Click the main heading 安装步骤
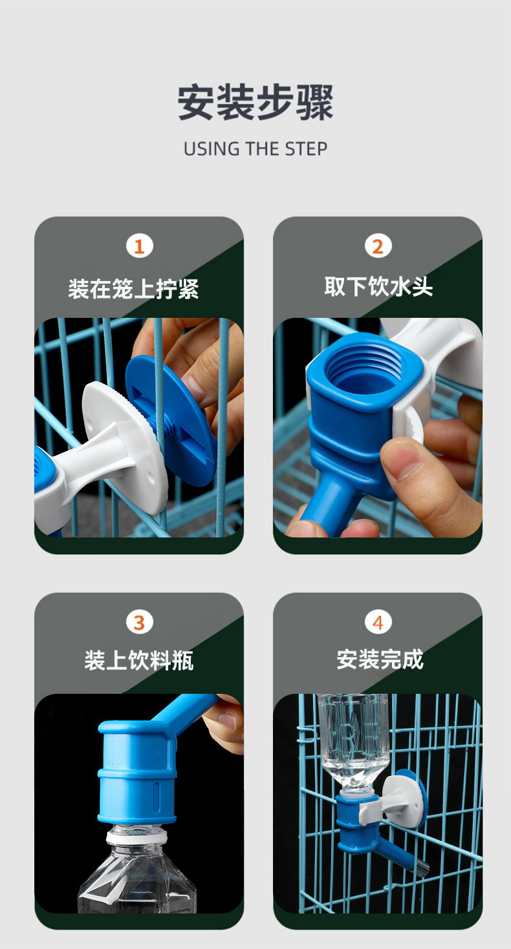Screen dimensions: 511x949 (255, 103)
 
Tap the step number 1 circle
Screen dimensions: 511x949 (139, 246)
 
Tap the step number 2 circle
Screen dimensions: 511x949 (378, 246)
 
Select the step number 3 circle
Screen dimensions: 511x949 (139, 622)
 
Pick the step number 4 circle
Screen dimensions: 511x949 (378, 622)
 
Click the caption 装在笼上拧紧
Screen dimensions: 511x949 (134, 289)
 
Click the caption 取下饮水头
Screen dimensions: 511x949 (378, 287)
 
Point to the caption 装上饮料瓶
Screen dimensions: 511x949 (139, 660)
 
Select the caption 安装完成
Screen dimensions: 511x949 (380, 659)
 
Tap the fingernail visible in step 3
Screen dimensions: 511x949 (227, 721)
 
